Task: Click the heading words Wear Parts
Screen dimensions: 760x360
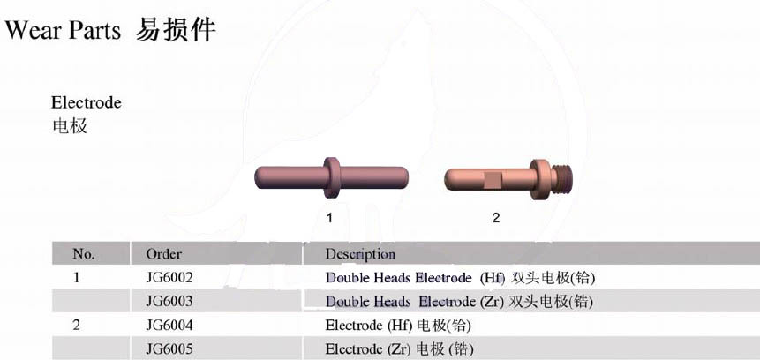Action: coord(63,31)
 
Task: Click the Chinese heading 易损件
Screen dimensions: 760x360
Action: coord(176,30)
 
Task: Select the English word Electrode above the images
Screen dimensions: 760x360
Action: coord(87,102)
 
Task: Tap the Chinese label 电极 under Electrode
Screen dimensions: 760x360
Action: coord(70,126)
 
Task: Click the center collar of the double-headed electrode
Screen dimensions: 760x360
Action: coord(332,177)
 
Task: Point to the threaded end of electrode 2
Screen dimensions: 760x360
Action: coord(564,178)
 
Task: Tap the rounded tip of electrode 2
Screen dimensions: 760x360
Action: coord(450,179)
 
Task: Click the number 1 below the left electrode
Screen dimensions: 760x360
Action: coord(329,218)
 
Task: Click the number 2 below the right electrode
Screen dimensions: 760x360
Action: coord(496,218)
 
